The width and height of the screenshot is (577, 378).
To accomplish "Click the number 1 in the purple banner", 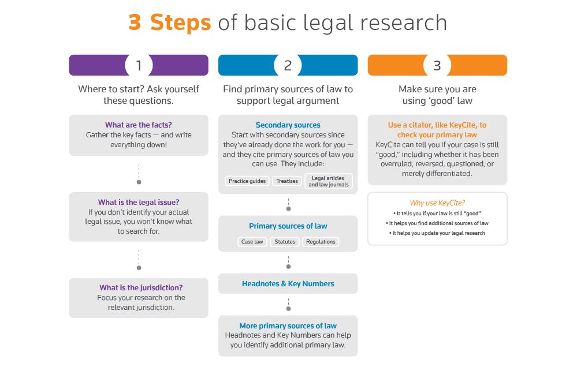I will pos(139,66).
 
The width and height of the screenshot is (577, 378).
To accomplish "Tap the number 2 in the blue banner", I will pos(288,66).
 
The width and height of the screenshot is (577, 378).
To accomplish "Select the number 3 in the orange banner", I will pos(437,66).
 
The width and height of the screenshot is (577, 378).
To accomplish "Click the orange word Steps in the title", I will pos(180,23).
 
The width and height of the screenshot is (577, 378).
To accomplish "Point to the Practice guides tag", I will pos(247,181).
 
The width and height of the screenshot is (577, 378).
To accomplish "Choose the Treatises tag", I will pos(287,181).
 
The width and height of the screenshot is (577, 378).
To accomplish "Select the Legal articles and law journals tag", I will pos(329,181).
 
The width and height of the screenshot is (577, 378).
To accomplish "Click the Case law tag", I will pos(252,242).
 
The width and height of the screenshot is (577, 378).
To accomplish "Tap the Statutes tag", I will pos(285,242).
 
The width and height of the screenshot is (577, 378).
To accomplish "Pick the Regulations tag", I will pos(321,242).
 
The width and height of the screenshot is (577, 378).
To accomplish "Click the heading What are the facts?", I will pos(139,125).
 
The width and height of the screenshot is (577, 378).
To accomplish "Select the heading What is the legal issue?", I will pos(139,203).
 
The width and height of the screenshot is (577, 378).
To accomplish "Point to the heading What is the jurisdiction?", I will pos(141,287).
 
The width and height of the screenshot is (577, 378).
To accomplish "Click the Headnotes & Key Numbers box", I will pos(288,283).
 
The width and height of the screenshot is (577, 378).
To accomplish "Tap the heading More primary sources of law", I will pos(288,325).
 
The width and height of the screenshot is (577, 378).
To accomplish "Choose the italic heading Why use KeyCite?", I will pos(437,203).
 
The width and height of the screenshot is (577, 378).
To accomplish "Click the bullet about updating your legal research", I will pos(437,233).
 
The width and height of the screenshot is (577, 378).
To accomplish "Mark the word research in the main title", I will pos(404,23).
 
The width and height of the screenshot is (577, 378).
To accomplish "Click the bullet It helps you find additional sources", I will pos(437,223).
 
